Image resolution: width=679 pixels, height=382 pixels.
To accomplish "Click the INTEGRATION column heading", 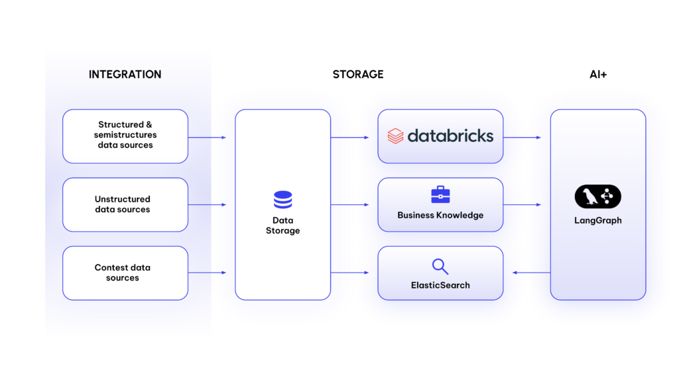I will (x=125, y=74).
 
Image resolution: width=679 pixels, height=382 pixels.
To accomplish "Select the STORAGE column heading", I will (x=358, y=74).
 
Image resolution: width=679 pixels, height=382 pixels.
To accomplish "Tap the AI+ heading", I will (x=598, y=74).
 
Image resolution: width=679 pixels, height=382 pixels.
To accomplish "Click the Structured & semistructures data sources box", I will (x=125, y=136).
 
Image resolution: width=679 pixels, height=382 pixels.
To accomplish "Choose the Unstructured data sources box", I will (x=125, y=204).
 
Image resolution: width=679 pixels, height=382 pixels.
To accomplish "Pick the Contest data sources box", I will (x=125, y=273).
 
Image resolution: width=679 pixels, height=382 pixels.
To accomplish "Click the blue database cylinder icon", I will (x=282, y=200).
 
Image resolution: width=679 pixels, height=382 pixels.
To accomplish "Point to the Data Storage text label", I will (x=282, y=225).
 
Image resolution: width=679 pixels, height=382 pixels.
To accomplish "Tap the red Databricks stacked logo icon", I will (x=395, y=136).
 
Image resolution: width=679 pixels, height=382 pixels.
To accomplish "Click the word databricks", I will (x=450, y=136).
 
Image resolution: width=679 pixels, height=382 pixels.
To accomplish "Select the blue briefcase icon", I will (x=440, y=194).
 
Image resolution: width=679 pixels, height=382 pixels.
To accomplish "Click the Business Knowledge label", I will (x=440, y=215).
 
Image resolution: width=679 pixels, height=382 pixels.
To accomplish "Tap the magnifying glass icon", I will (x=440, y=267).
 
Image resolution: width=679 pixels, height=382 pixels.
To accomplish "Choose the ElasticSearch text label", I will (x=440, y=285).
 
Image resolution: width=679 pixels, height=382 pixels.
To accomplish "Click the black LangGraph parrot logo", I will (x=597, y=196).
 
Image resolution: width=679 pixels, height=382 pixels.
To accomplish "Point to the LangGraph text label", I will (x=597, y=220).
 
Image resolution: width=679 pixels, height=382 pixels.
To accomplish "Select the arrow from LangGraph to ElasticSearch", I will (x=531, y=273).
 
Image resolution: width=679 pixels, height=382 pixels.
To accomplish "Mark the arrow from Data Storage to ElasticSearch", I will (x=350, y=273).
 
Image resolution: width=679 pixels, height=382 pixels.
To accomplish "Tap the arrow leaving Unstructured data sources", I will (x=207, y=205).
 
